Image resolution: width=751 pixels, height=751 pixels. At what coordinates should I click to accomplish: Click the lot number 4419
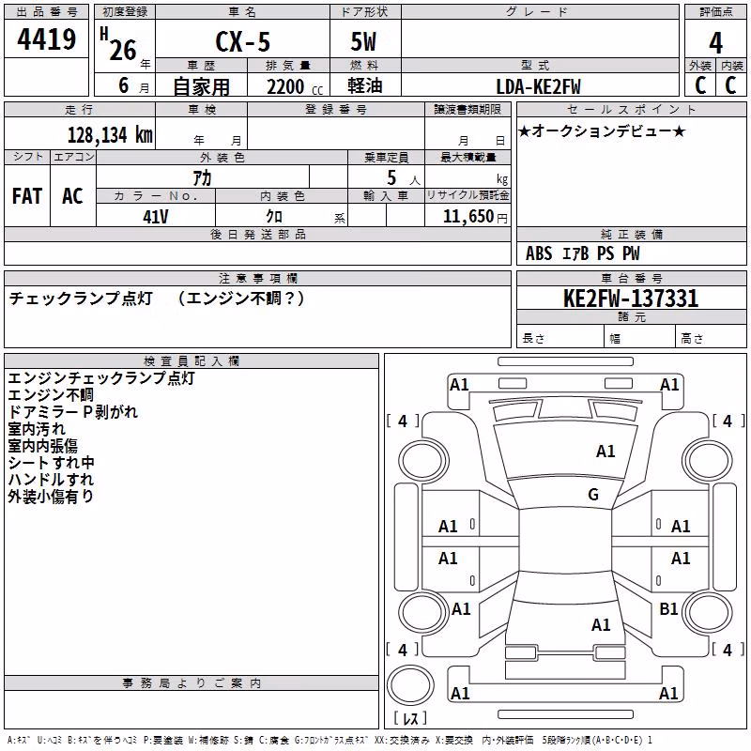coord(46,39)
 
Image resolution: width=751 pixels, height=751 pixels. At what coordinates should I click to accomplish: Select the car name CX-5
coord(242,41)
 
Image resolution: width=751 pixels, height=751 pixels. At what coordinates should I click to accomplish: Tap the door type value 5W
coord(363,41)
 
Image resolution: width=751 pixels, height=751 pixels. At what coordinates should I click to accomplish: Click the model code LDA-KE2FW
coord(538,86)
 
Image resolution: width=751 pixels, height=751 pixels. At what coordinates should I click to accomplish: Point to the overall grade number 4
coord(715,43)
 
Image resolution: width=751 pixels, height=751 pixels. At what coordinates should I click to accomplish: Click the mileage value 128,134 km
coord(110,135)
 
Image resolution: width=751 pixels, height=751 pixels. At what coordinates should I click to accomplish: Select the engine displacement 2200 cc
coord(295,87)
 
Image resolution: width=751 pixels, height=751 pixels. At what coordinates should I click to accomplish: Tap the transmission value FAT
coord(27,196)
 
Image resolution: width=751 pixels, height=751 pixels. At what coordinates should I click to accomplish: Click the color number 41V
coord(156,217)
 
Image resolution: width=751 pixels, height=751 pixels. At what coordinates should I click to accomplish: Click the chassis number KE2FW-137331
coord(631,299)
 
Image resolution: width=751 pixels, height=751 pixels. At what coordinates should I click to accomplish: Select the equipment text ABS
coord(539,253)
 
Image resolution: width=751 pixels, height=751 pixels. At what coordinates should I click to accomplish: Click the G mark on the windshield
coord(593,495)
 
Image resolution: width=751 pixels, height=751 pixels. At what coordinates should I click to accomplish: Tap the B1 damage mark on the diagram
coord(668,608)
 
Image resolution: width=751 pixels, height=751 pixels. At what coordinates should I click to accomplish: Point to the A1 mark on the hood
coord(605,452)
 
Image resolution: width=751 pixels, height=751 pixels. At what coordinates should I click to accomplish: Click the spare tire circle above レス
coord(410,684)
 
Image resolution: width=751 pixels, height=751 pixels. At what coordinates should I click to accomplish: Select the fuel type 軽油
coord(365,85)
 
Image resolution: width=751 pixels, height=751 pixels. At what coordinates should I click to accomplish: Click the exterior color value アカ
coord(202,178)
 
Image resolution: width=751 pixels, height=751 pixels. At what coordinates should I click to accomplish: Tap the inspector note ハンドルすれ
coord(51,480)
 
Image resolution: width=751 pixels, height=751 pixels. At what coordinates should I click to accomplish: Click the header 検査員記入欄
coord(192,360)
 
